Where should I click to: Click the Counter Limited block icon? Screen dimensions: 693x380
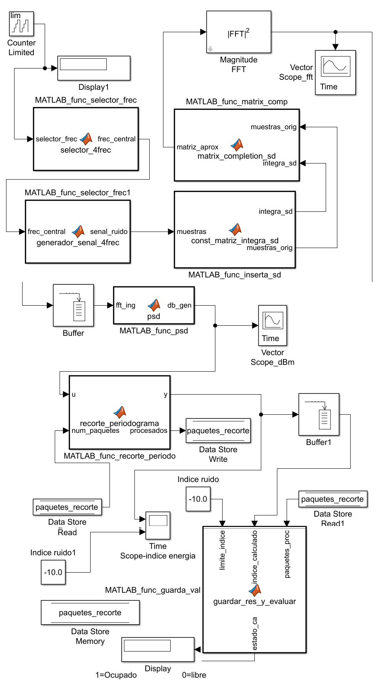(21, 24)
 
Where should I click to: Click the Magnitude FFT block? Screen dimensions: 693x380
(239, 32)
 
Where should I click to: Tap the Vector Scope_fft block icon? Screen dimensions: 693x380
(335, 72)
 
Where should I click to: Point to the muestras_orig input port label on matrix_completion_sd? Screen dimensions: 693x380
(273, 127)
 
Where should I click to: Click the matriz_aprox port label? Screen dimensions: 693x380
(198, 147)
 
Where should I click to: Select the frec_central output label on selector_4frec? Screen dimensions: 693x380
(116, 139)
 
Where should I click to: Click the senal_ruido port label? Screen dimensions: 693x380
(109, 232)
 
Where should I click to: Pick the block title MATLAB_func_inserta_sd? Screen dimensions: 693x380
(235, 275)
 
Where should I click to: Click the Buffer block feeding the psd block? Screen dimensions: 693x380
(73, 306)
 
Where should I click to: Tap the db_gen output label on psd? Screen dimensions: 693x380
(179, 306)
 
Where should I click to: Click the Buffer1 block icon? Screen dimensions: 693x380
(319, 415)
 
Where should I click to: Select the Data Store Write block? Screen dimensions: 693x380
(218, 431)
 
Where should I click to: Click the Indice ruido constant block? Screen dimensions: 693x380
(198, 499)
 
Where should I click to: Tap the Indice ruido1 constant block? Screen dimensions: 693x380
(53, 573)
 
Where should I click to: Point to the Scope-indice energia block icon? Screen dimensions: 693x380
(158, 525)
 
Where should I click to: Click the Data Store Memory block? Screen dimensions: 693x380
(90, 613)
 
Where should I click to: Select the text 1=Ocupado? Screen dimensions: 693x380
(116, 675)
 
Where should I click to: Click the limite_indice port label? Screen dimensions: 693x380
(222, 550)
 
